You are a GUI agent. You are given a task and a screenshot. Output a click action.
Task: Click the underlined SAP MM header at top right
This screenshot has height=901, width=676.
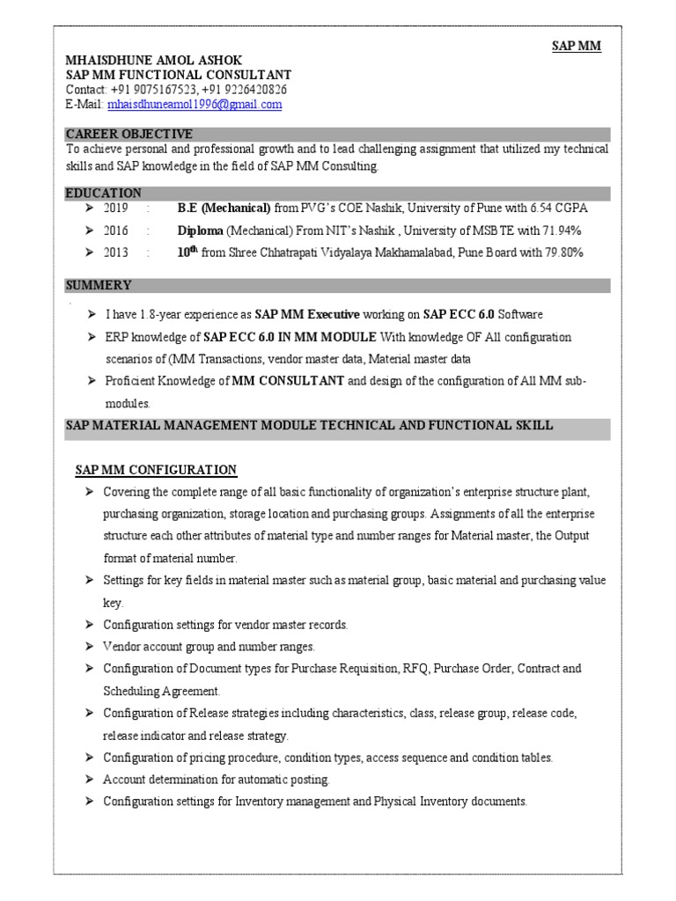tap(577, 47)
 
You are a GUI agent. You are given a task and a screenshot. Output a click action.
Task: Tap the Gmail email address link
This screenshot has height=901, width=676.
tap(194, 104)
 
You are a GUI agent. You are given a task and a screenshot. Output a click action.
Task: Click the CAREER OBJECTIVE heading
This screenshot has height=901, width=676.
tap(129, 134)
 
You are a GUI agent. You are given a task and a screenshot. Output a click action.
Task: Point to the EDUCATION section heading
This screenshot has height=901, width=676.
tap(103, 193)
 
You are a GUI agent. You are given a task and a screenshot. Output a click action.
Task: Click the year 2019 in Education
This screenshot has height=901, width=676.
tap(116, 209)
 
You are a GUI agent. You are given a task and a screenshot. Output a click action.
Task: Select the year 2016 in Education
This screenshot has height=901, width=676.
tap(116, 231)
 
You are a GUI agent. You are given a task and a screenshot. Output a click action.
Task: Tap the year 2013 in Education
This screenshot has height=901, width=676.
tap(116, 253)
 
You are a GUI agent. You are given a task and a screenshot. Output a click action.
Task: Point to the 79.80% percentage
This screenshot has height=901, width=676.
tap(562, 253)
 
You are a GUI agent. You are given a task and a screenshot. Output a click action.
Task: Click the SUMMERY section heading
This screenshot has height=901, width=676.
tap(99, 285)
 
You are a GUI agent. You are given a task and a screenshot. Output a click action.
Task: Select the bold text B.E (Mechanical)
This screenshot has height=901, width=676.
tap(224, 209)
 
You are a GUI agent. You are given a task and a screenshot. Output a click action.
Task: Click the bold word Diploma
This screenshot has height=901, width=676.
tap(200, 231)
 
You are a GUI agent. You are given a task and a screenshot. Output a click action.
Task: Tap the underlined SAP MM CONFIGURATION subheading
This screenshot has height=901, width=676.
tap(155, 470)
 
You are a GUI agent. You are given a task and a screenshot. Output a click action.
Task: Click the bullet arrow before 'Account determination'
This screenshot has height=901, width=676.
tap(90, 780)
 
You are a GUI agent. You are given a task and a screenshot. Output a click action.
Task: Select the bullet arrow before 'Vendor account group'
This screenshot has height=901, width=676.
tap(90, 647)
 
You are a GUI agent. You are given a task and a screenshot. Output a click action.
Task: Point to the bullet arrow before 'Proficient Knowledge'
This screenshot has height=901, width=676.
tap(92, 381)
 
